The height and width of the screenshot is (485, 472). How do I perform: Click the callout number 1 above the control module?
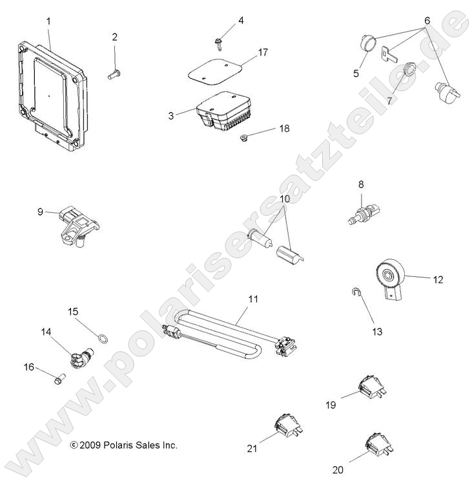48,22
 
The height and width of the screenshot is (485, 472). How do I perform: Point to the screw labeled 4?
220,43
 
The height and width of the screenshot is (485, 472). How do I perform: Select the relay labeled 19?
371,387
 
